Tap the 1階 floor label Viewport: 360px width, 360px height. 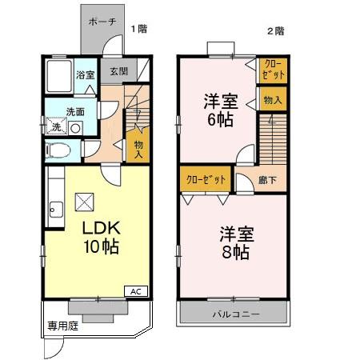pos(139,30)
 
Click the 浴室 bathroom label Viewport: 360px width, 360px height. pos(85,75)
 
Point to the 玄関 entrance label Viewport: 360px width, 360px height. pos(118,70)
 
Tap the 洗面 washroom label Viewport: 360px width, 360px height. pos(76,111)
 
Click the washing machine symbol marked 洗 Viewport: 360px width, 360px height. pos(56,126)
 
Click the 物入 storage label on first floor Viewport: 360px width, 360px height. pos(138,148)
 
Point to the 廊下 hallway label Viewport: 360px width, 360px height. pos(268,180)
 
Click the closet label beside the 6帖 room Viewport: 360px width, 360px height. pos(272,69)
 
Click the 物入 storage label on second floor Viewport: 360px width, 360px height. pos(272,100)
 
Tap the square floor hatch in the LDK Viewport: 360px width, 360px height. pos(84,201)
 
